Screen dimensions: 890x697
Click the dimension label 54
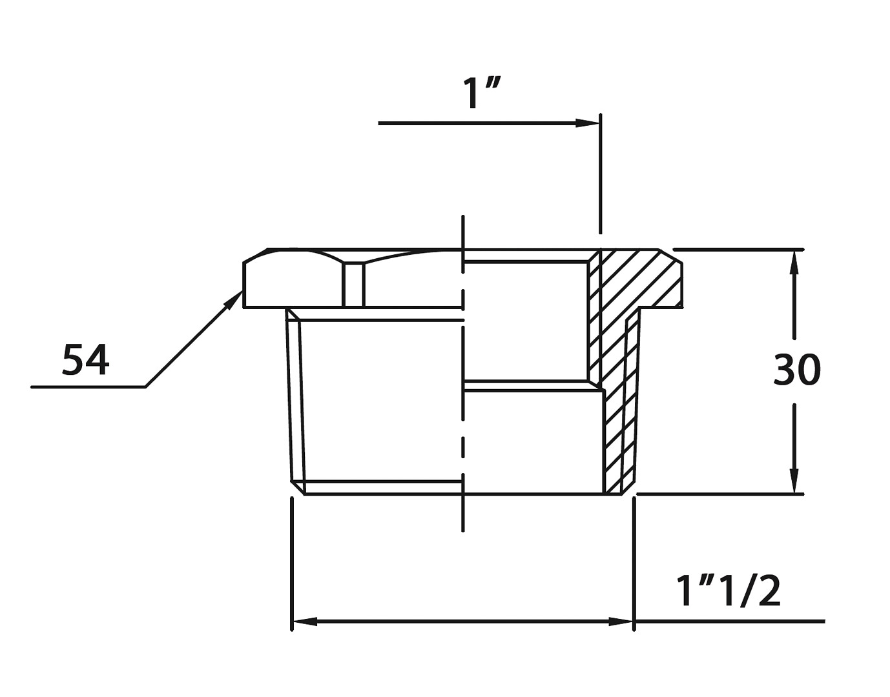(x=86, y=359)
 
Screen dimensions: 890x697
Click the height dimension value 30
(x=797, y=370)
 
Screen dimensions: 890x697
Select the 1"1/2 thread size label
(x=729, y=591)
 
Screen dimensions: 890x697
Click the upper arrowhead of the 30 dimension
(x=794, y=263)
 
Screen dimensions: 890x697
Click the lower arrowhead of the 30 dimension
(x=794, y=480)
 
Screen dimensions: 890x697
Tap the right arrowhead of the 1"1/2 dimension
(x=621, y=621)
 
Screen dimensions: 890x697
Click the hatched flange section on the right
(x=639, y=278)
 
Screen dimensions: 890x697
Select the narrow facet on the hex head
(x=353, y=285)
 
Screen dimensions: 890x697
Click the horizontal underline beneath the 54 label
(x=88, y=387)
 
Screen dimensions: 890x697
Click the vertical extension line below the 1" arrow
(x=601, y=174)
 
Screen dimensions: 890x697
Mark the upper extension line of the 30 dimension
(x=738, y=249)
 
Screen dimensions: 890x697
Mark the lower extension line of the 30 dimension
(x=720, y=494)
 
